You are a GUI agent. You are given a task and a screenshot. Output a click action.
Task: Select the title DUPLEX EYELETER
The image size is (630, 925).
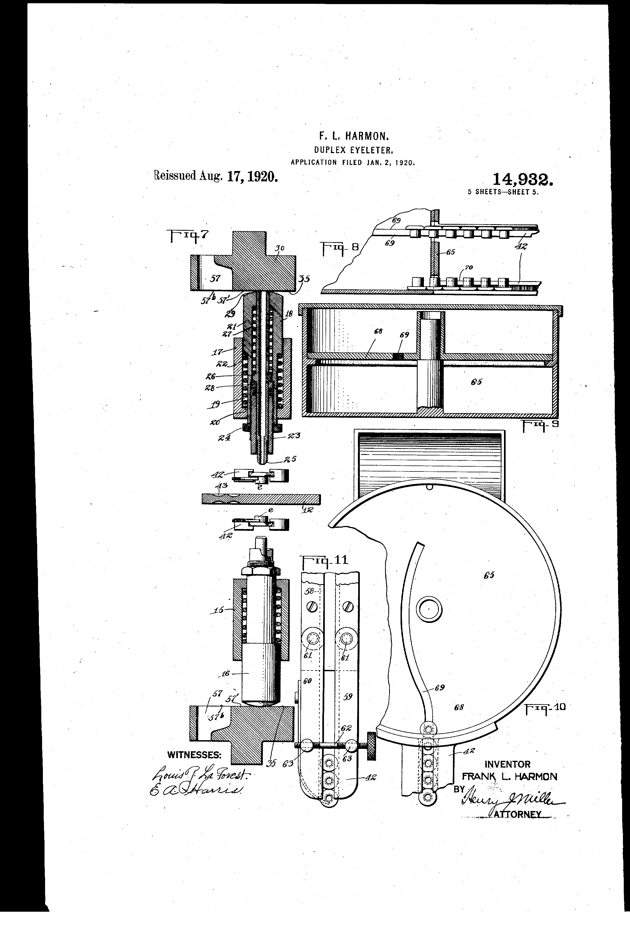tap(354, 150)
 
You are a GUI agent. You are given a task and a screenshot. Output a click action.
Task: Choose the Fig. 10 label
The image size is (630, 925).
tap(545, 707)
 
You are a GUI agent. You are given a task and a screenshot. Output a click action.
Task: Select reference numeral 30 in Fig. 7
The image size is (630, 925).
tap(280, 248)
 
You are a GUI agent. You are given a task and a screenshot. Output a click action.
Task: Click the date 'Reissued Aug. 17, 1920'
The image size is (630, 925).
tap(215, 176)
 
